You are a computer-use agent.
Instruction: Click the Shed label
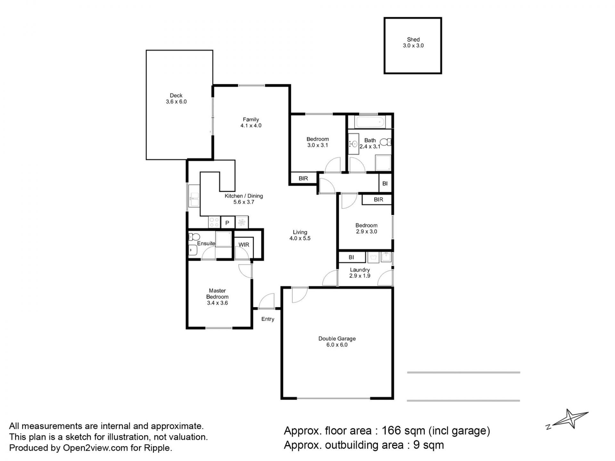tap(413, 40)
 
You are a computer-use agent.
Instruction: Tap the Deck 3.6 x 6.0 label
tap(176, 99)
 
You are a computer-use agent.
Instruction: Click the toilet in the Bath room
tap(386, 142)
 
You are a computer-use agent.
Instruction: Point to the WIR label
tap(244, 245)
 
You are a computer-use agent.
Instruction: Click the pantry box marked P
tap(227, 222)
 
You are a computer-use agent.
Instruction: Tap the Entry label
tap(268, 319)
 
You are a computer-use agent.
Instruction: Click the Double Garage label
tap(337, 339)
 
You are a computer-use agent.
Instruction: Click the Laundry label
tap(360, 270)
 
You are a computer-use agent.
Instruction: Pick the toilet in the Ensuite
tap(194, 237)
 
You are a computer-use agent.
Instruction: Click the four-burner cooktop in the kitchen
tap(214, 222)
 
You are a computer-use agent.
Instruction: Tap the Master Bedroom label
tap(217, 294)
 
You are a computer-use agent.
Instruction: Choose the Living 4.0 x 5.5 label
tap(300, 235)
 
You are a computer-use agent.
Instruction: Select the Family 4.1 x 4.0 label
tap(251, 123)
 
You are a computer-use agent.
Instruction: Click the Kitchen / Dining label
tap(244, 196)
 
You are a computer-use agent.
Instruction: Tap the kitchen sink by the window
tap(194, 200)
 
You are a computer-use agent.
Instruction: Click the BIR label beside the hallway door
tap(303, 179)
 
